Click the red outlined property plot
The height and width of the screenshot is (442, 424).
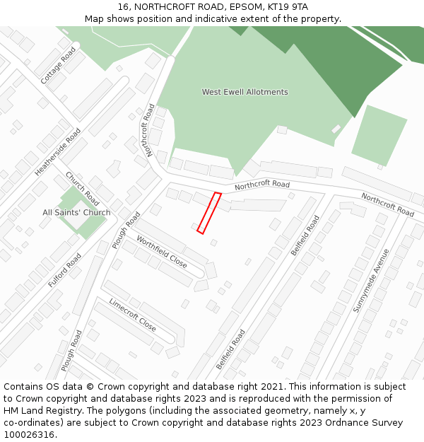point(209,213)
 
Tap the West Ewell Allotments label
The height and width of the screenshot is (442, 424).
point(245,92)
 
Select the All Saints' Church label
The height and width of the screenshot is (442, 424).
point(76,212)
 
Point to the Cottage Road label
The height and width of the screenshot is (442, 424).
point(58,66)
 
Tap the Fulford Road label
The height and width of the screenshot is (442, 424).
point(65,269)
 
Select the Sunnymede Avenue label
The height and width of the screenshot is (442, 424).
point(372,280)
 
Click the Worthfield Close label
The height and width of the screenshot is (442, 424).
point(162,252)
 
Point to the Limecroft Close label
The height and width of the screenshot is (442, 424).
point(132,315)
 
